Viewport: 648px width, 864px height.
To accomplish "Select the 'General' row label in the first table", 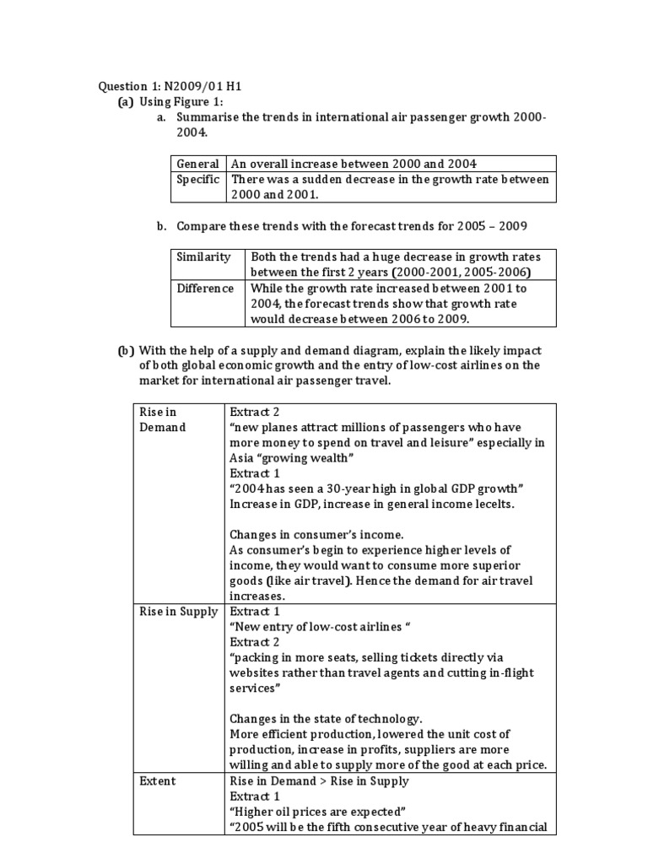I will [197, 164].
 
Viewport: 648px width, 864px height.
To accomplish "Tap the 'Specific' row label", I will [197, 179].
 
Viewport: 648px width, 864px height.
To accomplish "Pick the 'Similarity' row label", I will [202, 256].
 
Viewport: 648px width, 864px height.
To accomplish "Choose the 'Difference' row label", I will [205, 288].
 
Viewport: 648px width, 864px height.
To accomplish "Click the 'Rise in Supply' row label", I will [178, 611].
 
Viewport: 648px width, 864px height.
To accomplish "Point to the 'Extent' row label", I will [158, 780].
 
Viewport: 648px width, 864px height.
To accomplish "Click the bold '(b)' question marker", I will [126, 350].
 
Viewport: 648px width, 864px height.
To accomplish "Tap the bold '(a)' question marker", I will [126, 101].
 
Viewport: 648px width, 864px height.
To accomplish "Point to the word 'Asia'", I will [241, 458].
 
